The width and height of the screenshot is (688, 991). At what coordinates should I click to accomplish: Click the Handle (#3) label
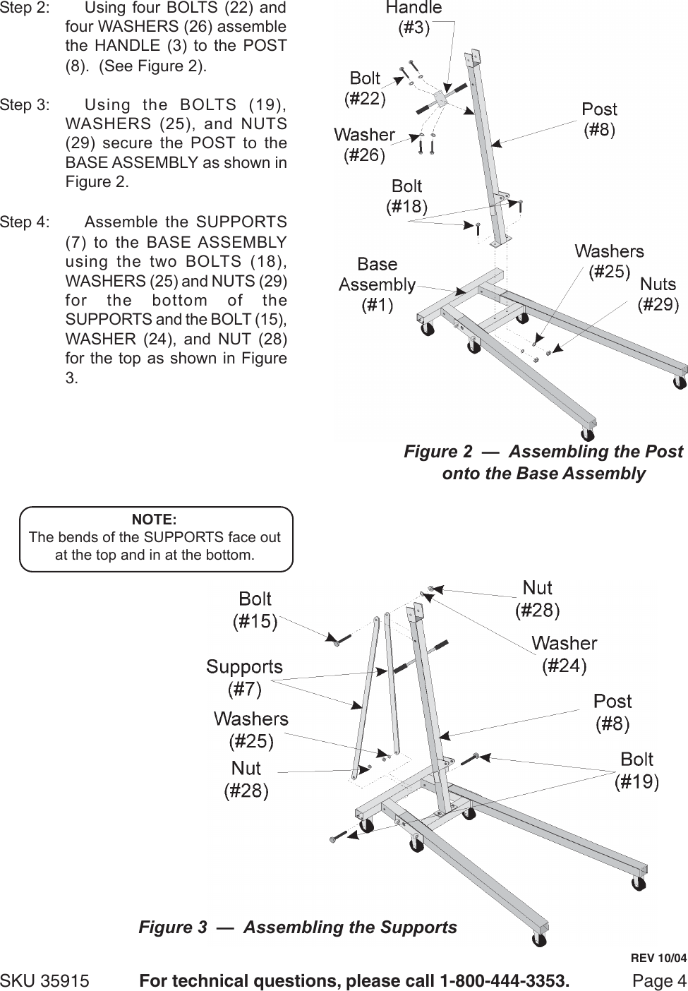[414, 18]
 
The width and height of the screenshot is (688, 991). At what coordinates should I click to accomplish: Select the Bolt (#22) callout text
[365, 88]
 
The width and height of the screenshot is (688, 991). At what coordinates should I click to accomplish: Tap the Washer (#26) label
[363, 144]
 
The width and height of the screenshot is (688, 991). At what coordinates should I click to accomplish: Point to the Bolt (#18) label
[406, 196]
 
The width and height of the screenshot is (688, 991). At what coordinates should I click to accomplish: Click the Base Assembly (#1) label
[377, 284]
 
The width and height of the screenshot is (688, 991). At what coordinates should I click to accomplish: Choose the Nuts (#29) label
[658, 294]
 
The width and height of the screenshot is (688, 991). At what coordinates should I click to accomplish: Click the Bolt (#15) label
[255, 610]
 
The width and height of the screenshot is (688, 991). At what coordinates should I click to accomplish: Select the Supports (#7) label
[244, 676]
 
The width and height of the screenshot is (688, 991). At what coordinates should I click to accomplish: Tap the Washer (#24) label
[564, 654]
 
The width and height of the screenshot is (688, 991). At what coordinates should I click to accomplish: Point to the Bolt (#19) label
[636, 769]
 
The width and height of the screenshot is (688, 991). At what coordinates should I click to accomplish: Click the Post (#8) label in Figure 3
[612, 711]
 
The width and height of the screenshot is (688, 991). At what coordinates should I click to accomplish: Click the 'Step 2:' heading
[25, 9]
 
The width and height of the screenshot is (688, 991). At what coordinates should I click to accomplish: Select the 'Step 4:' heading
[25, 222]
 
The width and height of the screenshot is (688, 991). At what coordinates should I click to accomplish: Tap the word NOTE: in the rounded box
[155, 520]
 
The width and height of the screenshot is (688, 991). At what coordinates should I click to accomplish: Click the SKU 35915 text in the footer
[45, 981]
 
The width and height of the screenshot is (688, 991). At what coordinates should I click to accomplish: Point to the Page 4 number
[659, 981]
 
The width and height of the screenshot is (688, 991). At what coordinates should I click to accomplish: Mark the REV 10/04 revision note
[658, 959]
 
